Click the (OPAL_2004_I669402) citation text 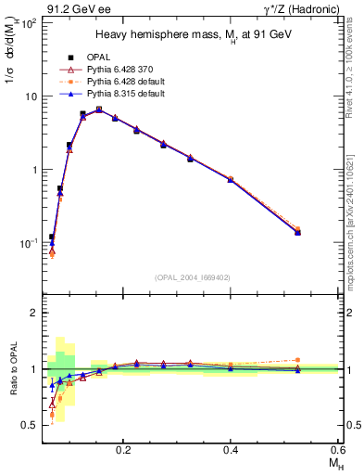pos(192,276)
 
